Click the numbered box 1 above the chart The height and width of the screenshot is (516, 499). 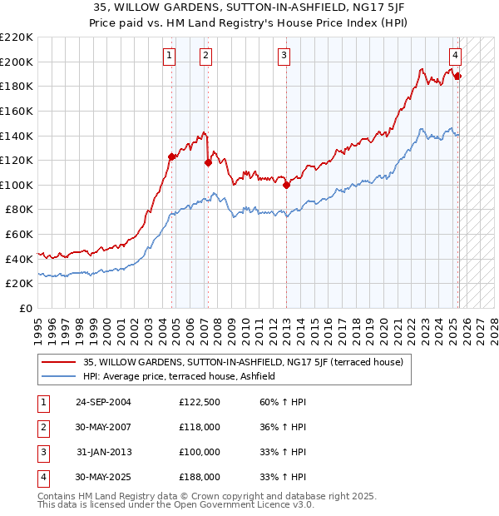click(169, 56)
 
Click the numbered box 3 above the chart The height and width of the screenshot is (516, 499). click(284, 56)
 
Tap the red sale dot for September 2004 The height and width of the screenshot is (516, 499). click(172, 156)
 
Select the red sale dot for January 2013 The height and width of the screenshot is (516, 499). click(286, 185)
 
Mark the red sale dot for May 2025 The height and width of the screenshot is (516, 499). click(458, 76)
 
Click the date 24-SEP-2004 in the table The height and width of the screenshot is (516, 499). click(103, 403)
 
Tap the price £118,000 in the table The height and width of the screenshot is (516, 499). click(200, 428)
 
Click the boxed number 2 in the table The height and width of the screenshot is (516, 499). click(42, 428)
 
